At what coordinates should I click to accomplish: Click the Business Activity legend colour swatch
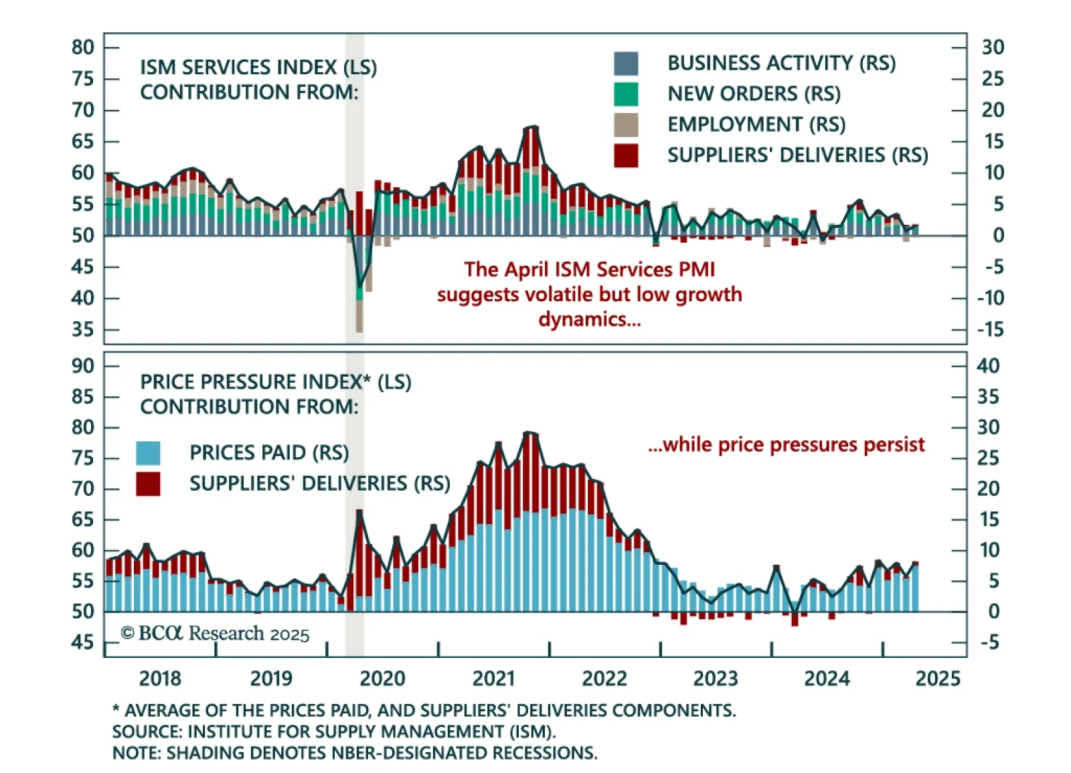(625, 64)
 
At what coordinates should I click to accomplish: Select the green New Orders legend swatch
(625, 94)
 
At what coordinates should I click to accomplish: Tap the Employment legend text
(756, 124)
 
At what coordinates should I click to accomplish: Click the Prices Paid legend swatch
(148, 453)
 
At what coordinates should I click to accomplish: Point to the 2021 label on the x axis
(493, 679)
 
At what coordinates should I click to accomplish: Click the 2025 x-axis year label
(937, 679)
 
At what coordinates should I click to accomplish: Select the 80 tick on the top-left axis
(83, 48)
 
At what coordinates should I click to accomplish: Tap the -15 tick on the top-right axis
(990, 329)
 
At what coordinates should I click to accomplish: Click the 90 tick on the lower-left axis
(83, 366)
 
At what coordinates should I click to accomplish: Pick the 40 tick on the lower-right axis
(988, 366)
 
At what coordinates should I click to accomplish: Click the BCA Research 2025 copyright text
(215, 633)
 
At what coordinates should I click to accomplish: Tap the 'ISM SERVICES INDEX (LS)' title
(258, 68)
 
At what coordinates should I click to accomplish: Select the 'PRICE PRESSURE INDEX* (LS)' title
(275, 382)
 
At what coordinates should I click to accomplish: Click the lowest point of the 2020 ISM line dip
(359, 286)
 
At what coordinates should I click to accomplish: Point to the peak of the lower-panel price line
(529, 432)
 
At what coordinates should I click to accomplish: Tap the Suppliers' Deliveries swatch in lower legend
(148, 484)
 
